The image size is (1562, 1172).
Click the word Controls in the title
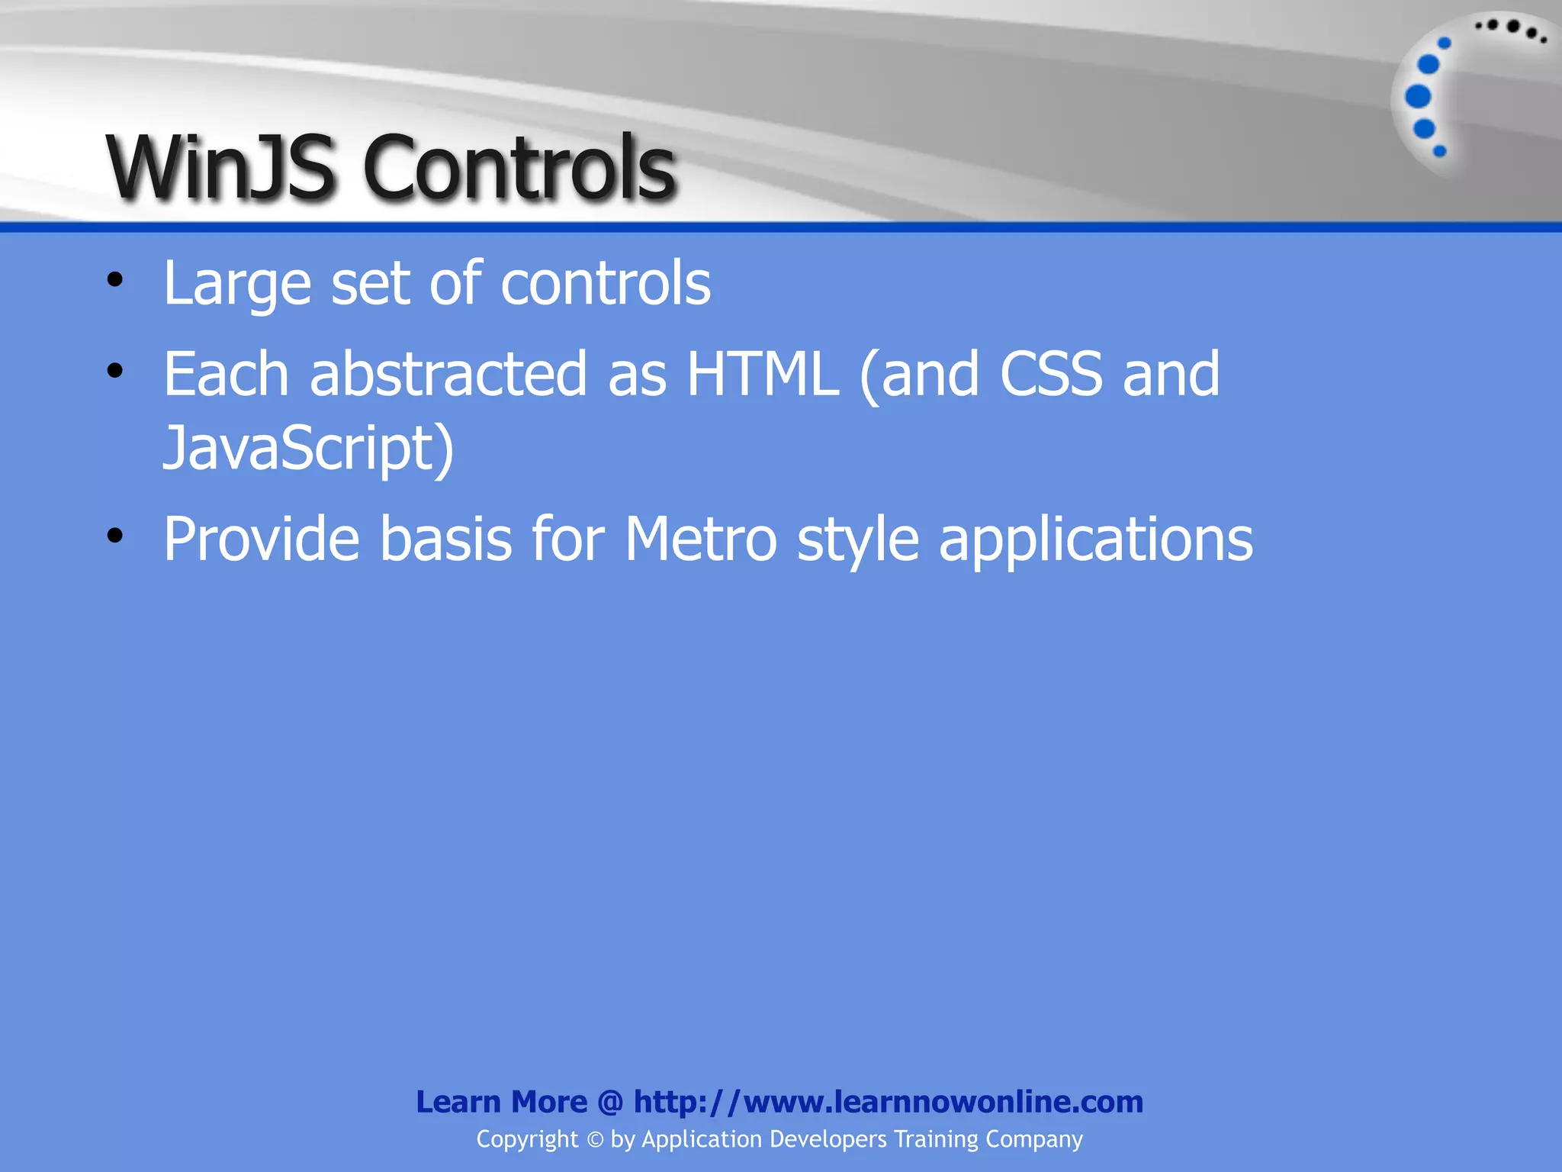click(519, 168)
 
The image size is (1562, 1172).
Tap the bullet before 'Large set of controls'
click(115, 280)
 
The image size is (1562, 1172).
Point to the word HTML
click(762, 374)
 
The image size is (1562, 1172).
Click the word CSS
click(1050, 374)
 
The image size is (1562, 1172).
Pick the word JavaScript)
click(308, 449)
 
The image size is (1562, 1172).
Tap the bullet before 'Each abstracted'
click(115, 371)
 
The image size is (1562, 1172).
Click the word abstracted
click(448, 374)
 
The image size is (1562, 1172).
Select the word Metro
click(701, 539)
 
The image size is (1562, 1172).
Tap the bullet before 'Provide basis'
click(115, 536)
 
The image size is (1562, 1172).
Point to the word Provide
click(261, 539)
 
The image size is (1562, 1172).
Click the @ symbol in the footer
click(610, 1102)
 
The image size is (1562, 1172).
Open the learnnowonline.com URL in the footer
click(889, 1102)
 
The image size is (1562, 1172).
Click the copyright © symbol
click(595, 1140)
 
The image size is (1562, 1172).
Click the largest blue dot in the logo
click(1418, 97)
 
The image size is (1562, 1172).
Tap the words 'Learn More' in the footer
click(501, 1102)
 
